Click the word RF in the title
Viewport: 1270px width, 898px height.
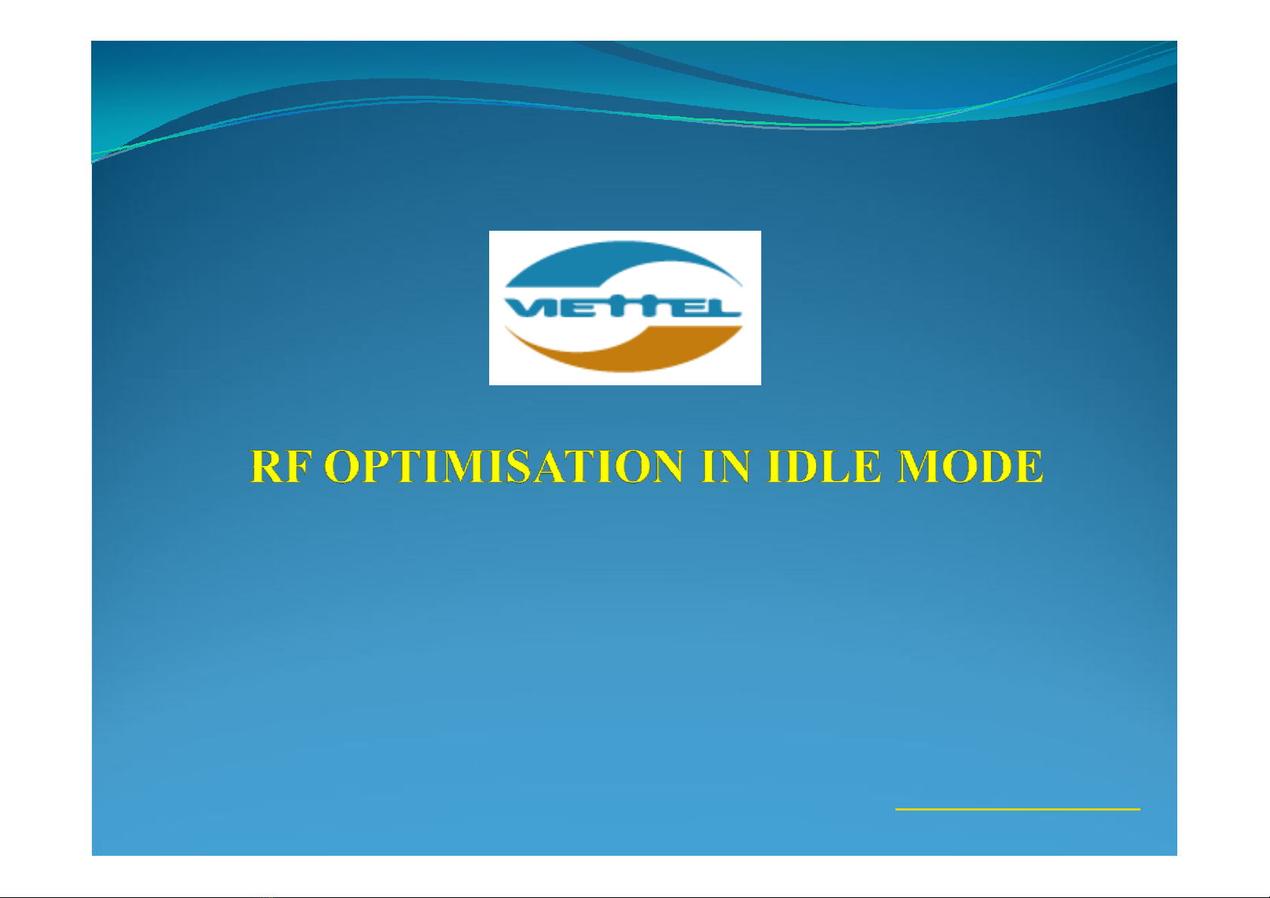click(282, 466)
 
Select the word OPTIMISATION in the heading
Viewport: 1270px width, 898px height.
click(504, 466)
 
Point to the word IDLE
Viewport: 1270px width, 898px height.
click(825, 466)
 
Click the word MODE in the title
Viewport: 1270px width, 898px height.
click(970, 466)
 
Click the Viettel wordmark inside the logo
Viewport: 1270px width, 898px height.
click(623, 308)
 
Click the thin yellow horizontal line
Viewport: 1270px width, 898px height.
click(1018, 810)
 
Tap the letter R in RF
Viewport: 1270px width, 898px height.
click(267, 466)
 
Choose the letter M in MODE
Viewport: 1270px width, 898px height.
click(918, 466)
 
